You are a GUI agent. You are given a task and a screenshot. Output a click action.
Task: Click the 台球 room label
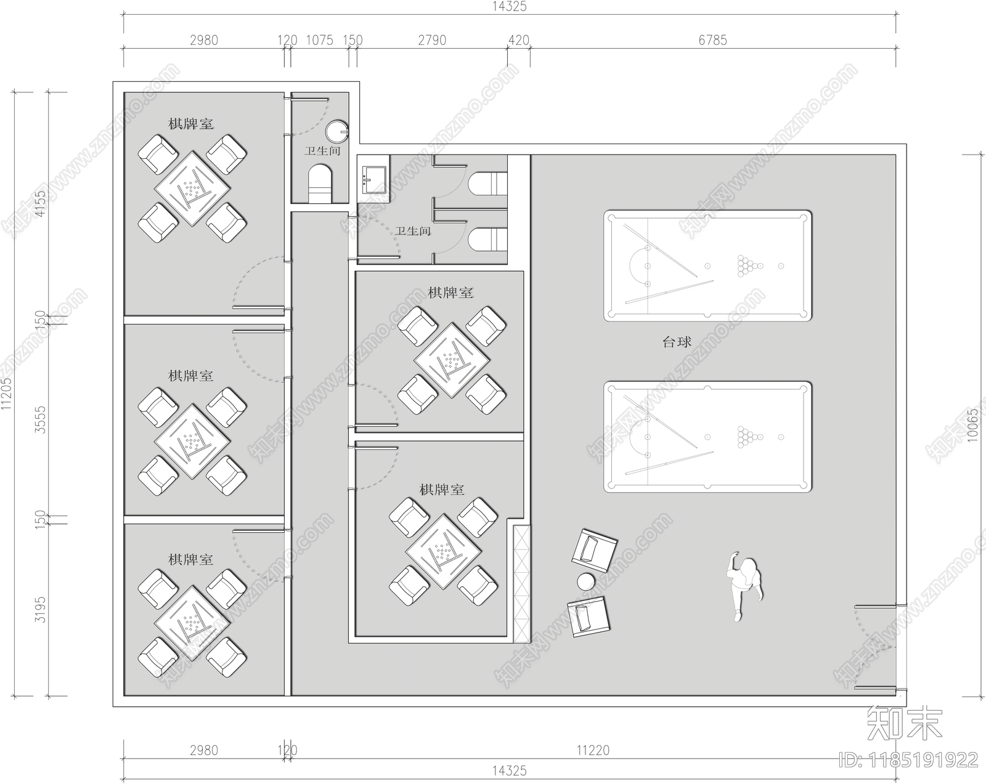676,342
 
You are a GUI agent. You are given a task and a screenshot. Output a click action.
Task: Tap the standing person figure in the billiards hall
743,586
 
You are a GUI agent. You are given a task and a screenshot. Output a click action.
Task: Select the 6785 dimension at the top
712,40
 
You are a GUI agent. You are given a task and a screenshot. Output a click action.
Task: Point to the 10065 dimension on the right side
972,426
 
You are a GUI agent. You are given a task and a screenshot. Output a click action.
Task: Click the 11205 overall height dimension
6,394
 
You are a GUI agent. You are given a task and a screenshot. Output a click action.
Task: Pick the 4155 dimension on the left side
41,204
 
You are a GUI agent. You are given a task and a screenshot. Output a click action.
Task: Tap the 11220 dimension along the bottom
593,750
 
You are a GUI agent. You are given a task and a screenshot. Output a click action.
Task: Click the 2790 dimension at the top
431,40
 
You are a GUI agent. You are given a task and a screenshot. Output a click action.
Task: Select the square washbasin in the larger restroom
374,179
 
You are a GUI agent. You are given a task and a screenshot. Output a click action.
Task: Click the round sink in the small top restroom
336,132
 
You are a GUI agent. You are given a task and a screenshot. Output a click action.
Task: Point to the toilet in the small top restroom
319,184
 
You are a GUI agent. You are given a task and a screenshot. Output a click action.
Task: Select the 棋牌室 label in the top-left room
190,124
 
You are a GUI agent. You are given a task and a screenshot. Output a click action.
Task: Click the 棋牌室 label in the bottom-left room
190,559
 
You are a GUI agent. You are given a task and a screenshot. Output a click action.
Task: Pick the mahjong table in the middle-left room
192,442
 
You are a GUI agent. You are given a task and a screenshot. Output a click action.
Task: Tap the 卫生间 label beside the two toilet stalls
413,232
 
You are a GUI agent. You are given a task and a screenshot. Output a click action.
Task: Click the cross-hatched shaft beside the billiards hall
521,584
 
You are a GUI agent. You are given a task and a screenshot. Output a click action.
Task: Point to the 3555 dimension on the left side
41,419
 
